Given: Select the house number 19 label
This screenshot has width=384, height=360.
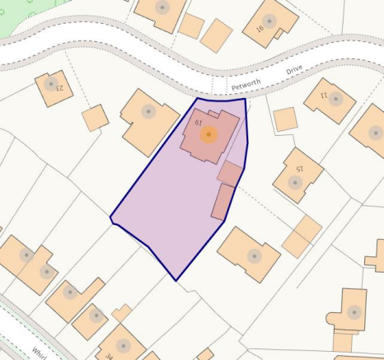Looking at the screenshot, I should [x=199, y=122].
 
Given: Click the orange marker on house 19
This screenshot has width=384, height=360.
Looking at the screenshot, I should [x=209, y=134].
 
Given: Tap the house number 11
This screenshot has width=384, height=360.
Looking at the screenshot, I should [x=323, y=96].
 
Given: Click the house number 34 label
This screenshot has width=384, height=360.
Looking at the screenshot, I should [x=109, y=356].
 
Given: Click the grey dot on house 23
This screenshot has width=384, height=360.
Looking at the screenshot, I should [x=51, y=83].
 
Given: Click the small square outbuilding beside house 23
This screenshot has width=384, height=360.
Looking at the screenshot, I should [x=96, y=118].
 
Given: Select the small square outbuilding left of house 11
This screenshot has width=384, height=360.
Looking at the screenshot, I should [x=285, y=119].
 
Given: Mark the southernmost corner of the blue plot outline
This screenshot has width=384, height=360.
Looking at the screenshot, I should [x=176, y=280].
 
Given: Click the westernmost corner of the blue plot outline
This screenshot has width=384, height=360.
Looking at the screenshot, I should [x=110, y=218].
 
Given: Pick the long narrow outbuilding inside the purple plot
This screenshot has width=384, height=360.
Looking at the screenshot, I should [x=222, y=202].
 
